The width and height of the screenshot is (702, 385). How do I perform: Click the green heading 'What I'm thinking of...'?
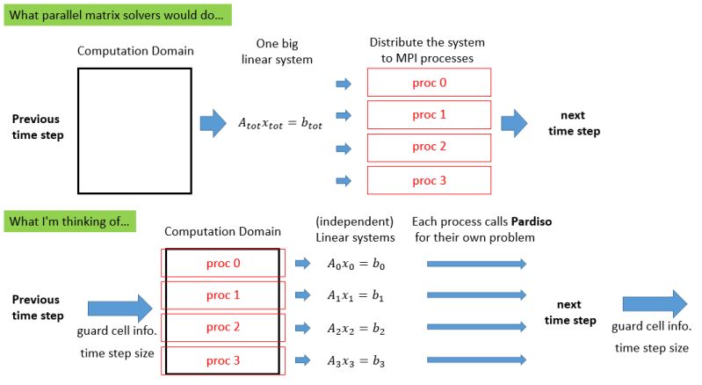pos(70,222)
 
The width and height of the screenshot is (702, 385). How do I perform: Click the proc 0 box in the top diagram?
pos(429,82)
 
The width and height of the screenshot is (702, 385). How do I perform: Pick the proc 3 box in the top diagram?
pos(429,180)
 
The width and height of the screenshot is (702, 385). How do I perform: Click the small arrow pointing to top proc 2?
pos(344,149)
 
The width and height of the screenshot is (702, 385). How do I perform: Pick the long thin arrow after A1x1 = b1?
pos(476,295)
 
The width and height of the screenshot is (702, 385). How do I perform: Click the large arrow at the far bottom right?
pos(655,304)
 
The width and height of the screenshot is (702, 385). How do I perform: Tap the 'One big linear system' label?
pos(279,51)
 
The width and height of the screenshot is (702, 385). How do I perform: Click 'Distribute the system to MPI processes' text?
pos(427,50)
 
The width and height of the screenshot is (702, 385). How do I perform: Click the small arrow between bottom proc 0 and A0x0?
pos(301,263)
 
